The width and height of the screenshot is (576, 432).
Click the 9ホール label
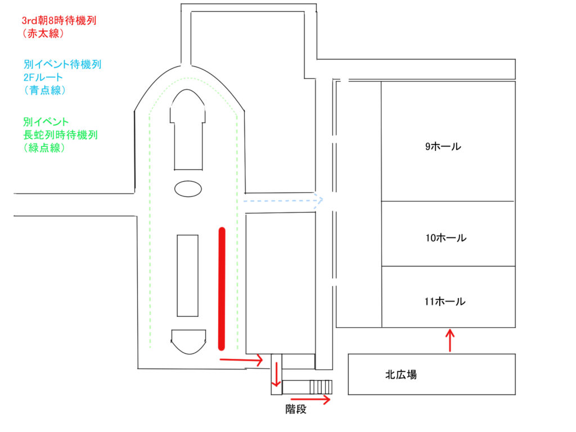tap(443, 147)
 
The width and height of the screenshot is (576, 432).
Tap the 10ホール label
tap(445, 238)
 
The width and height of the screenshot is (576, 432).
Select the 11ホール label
tap(445, 301)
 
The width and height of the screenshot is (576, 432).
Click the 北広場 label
tap(401, 375)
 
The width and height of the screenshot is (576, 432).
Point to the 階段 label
tap(296, 409)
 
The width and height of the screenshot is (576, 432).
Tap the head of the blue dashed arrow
tap(319, 199)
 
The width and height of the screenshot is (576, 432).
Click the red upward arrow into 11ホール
tap(449, 340)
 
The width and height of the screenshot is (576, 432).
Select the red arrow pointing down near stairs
tap(276, 375)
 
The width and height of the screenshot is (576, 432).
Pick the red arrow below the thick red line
tap(241, 359)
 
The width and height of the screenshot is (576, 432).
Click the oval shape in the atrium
tap(188, 188)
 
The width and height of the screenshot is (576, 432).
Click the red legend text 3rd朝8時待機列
tap(58, 20)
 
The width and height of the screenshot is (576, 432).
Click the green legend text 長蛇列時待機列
tap(61, 135)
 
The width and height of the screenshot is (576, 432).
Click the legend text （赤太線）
tap(42, 33)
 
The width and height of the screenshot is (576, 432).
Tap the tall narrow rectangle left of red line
tap(187, 276)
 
